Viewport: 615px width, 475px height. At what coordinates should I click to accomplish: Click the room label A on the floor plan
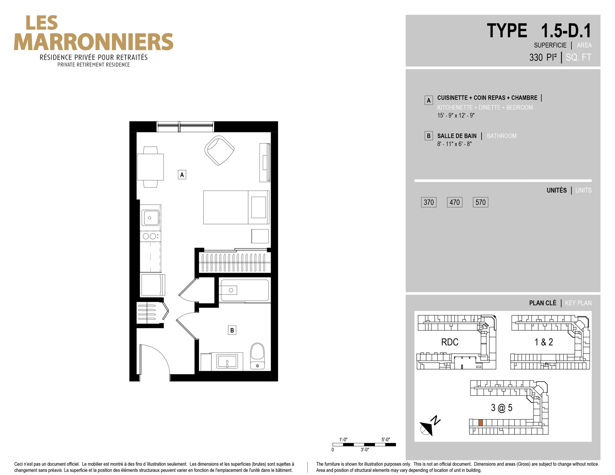coord(182,175)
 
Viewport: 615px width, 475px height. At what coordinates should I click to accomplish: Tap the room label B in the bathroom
coord(232,330)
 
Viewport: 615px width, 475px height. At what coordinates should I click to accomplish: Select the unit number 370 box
coord(429,202)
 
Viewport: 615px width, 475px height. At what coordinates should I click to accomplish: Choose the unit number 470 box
coord(455,202)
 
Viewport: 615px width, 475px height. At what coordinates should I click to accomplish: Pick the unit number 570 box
coord(480,202)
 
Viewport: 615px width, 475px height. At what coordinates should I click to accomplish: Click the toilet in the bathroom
coord(257,356)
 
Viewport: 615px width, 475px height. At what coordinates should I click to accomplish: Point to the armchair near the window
coord(219,150)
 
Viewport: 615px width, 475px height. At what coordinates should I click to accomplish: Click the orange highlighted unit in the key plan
coord(480,423)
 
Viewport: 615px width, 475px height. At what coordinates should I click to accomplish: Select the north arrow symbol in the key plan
coord(429,426)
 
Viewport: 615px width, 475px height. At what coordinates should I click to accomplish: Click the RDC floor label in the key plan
coord(450,342)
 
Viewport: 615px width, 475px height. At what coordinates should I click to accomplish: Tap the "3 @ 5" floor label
coord(501,408)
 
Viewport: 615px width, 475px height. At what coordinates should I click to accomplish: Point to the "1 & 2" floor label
coord(544,342)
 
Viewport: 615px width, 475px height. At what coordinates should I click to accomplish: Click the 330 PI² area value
coord(543,57)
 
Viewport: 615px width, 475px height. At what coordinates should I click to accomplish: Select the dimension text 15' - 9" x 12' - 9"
coord(456,115)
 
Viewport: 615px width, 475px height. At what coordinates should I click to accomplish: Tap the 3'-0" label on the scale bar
coord(365,450)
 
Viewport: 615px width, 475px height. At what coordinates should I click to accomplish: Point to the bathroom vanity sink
coord(227,362)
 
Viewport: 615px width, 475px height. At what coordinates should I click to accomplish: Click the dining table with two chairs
coord(150,167)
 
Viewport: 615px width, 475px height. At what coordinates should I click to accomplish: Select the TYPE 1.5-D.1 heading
coord(539,31)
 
